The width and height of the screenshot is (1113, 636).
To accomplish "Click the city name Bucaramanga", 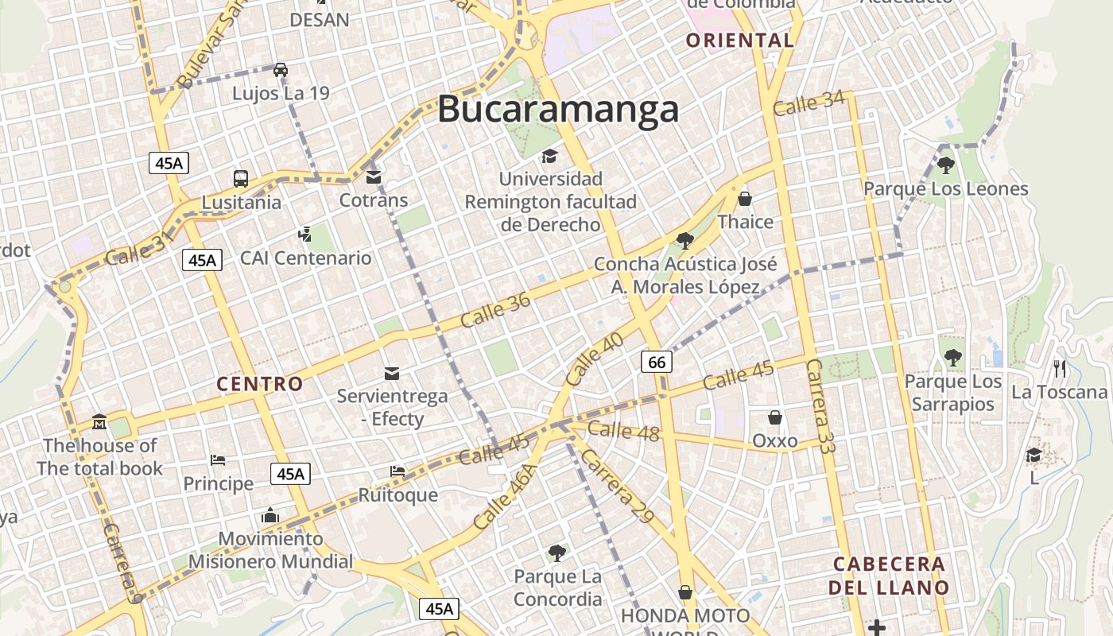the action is click(x=558, y=109).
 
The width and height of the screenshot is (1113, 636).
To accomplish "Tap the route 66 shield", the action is click(x=657, y=363).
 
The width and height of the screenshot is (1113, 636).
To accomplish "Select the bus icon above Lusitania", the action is click(x=241, y=179).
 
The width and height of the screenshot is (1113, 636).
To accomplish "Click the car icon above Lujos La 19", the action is click(x=281, y=70).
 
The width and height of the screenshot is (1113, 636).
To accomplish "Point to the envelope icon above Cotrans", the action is click(x=374, y=177).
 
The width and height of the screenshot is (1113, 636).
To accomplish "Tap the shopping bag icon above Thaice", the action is click(x=745, y=199).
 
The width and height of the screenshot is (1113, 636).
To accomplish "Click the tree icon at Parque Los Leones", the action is click(x=945, y=165).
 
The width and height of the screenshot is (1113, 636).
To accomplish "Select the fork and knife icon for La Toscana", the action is click(x=1059, y=368).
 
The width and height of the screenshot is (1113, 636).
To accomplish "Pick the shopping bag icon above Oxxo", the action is click(x=774, y=417).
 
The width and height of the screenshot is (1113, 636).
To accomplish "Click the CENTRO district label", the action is click(x=260, y=385).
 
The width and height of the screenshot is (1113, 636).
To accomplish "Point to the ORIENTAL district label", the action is click(x=740, y=41).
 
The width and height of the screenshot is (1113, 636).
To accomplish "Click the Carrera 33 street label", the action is click(x=820, y=406).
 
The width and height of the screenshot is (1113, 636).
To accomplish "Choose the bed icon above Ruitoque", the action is click(x=397, y=471).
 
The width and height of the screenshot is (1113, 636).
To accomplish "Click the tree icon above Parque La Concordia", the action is click(x=557, y=553).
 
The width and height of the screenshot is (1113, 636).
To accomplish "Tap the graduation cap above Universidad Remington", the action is click(x=550, y=156).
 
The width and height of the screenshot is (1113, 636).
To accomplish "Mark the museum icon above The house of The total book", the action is click(x=100, y=421).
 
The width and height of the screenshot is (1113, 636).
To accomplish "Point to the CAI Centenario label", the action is click(x=306, y=258).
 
